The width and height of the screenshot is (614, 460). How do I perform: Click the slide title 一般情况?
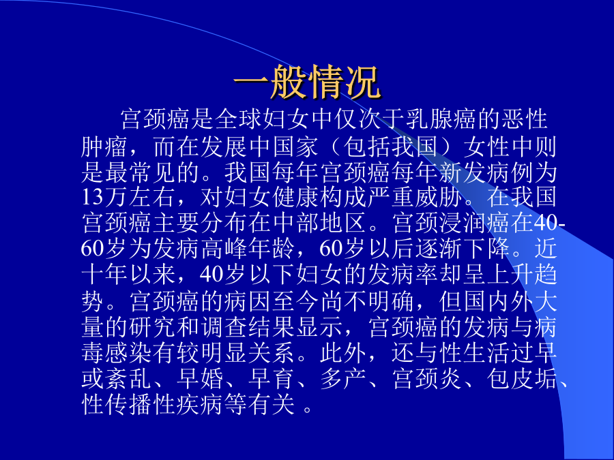click(x=306, y=82)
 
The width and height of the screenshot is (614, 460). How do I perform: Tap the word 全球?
click(x=239, y=119)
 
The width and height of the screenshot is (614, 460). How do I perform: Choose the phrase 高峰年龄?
click(x=248, y=249)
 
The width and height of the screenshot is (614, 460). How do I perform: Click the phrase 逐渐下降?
click(x=461, y=249)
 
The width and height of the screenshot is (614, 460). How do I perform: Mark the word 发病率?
click(x=402, y=275)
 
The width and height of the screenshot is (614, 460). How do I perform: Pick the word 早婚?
click(x=200, y=379)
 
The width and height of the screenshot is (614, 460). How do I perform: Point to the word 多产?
click(x=343, y=379)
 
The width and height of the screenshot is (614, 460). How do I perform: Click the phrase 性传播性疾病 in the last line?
click(x=152, y=404)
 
